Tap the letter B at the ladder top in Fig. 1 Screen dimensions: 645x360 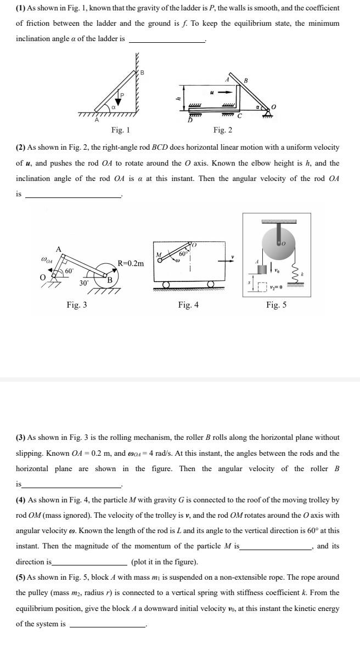142,72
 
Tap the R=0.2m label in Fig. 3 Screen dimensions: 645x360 131,263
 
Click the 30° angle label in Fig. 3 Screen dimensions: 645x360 83,284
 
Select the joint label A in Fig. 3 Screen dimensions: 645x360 58,250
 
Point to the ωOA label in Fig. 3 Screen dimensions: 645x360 48,259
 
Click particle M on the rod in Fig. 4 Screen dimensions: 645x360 160,261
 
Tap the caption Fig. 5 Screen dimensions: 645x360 276,305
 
